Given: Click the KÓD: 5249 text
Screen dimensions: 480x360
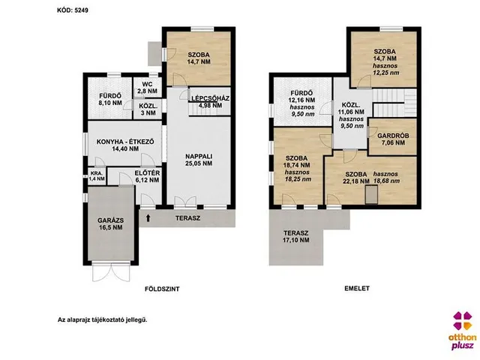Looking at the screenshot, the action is pyautogui.click(x=73, y=10).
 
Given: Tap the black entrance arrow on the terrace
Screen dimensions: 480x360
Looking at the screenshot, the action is pyautogui.click(x=148, y=218).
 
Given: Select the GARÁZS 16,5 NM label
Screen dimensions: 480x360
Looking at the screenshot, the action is pyautogui.click(x=111, y=223).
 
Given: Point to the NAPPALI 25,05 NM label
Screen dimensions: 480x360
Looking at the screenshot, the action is pyautogui.click(x=199, y=160).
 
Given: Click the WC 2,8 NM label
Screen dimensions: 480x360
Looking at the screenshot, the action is pyautogui.click(x=147, y=88).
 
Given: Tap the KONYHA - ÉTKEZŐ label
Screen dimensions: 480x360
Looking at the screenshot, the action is pyautogui.click(x=125, y=142).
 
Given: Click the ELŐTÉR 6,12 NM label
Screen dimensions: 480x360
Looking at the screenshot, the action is pyautogui.click(x=147, y=177).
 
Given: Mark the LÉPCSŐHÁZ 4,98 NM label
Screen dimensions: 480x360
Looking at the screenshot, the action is pyautogui.click(x=210, y=102).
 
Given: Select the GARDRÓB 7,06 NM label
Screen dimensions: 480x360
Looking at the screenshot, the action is pyautogui.click(x=393, y=139).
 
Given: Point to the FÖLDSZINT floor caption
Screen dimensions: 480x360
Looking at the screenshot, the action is pyautogui.click(x=162, y=289).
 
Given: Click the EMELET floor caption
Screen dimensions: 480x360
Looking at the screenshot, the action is pyautogui.click(x=357, y=288).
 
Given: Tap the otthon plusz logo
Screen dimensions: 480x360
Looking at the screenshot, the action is pyautogui.click(x=463, y=331).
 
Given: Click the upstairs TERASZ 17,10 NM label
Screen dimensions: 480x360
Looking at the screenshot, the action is pyautogui.click(x=296, y=236).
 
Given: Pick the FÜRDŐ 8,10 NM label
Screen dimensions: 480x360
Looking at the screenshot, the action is pyautogui.click(x=110, y=100).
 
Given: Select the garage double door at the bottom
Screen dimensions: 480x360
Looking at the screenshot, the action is pyautogui.click(x=111, y=271).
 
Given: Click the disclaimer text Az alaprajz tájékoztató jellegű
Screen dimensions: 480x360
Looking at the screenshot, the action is pyautogui.click(x=103, y=320).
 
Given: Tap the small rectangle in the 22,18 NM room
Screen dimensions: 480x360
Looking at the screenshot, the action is pyautogui.click(x=372, y=196).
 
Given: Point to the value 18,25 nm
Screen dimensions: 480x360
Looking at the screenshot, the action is pyautogui.click(x=298, y=179).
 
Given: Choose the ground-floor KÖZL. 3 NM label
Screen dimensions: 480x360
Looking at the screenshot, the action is pyautogui.click(x=147, y=109).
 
